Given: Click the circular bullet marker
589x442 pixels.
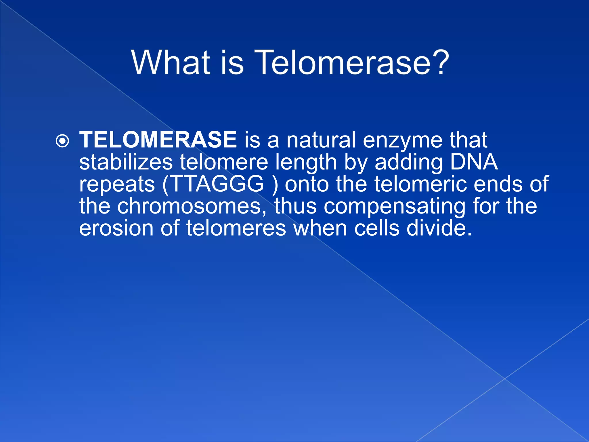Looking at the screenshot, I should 62,141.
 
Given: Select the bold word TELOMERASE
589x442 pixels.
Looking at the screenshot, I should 158,140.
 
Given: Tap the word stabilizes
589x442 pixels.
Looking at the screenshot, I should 126,162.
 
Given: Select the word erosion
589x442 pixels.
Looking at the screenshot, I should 116,228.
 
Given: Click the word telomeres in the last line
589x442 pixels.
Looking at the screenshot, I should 236,228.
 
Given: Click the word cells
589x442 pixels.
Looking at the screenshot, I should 377,228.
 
